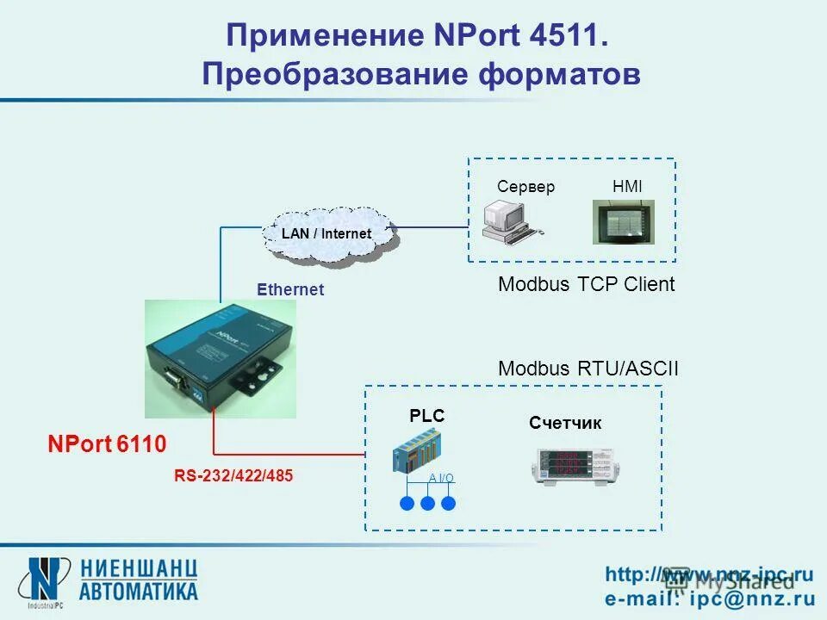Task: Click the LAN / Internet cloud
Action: pos(327,233)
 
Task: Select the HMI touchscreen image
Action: pos(623,222)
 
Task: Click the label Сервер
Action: pos(526,187)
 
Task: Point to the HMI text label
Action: pos(627,187)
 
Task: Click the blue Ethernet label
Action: pos(290,290)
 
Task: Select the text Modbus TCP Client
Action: pos(587,285)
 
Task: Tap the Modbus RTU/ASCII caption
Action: pos(588,369)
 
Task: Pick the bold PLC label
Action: pos(426,417)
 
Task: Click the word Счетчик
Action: pos(565,424)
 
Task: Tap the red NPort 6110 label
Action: pos(107,444)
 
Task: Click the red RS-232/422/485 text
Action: pos(233,475)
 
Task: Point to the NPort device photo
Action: pos(220,358)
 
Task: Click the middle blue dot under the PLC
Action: pos(428,504)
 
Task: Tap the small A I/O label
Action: pos(441,479)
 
